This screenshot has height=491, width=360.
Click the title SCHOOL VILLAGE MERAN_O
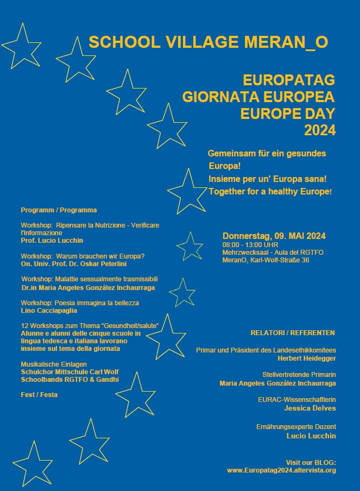pos(208,42)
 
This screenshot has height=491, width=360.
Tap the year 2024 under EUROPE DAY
pos(320,130)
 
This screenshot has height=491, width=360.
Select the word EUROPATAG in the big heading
pos(289,80)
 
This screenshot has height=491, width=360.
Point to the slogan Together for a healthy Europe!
pos(270,192)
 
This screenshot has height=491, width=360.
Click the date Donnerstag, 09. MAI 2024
pos(274,236)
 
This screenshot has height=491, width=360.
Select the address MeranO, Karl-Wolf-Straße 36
pos(266,260)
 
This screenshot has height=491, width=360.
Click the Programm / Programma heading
pos(59,210)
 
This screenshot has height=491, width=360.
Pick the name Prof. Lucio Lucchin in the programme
pos(52,240)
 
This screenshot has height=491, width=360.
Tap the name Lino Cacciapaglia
pos(49,311)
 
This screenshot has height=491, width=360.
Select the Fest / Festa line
pos(39,395)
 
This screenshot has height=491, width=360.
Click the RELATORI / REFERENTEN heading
pos(293,332)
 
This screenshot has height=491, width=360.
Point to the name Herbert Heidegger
pos(307,358)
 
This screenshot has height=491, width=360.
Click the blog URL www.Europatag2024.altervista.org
pos(281,470)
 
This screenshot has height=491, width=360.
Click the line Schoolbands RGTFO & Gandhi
pos(70,380)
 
